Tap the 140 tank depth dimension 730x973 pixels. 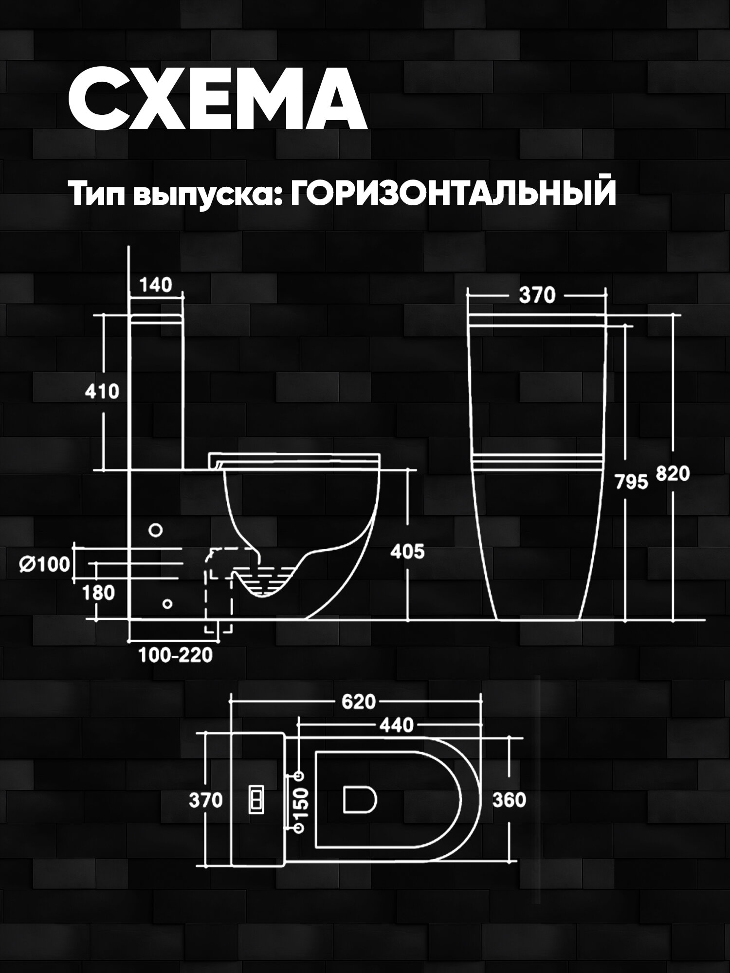(156, 285)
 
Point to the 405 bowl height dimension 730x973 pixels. (407, 552)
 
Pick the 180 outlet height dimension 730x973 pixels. (99, 593)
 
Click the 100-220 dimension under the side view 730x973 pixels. (176, 655)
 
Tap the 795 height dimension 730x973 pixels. (631, 482)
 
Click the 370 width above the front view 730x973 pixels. (537, 295)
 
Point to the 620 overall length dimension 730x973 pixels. (359, 702)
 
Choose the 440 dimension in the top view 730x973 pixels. (396, 725)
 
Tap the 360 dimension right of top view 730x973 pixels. (509, 800)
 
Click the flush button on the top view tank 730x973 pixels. (256, 800)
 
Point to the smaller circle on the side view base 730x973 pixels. (167, 604)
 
